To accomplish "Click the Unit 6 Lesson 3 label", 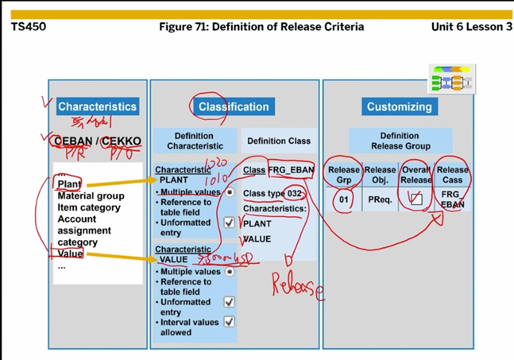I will (x=471, y=27).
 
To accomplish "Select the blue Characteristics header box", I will (x=97, y=106).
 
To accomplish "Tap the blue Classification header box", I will (x=234, y=106).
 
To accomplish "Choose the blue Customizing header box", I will (x=399, y=106).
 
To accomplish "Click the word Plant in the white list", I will (x=69, y=184).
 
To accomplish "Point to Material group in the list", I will (x=91, y=196).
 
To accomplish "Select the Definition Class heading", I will (x=278, y=141).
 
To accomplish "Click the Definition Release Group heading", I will (x=399, y=141).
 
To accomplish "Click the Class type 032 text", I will (x=272, y=193).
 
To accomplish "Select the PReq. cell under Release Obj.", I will (x=379, y=199).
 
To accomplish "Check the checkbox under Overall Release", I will (x=415, y=199).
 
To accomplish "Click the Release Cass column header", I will (x=452, y=175).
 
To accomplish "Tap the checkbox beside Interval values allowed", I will (x=229, y=322).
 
